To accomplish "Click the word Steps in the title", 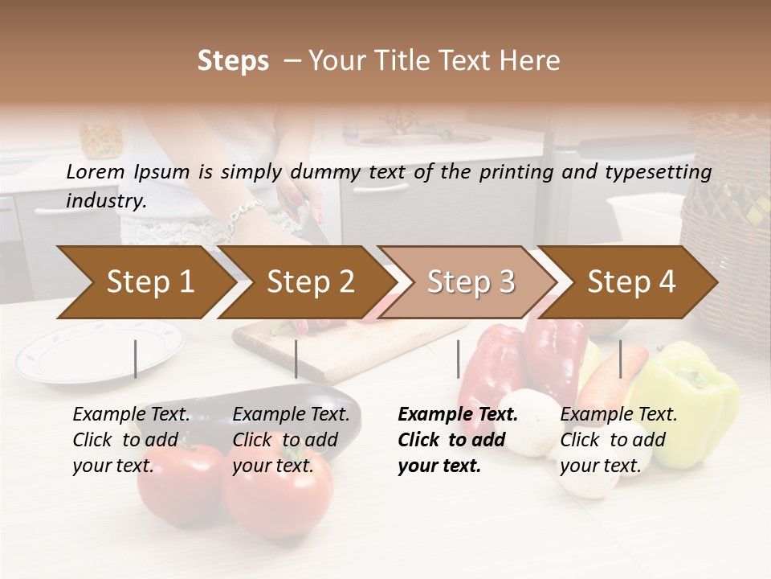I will click(233, 61).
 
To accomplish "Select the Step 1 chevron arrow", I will click(149, 282).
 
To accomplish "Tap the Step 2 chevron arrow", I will click(310, 282).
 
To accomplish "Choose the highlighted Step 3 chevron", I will click(471, 282).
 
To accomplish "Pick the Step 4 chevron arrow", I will click(631, 282).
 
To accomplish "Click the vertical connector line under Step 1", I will click(136, 359).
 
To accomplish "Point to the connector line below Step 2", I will click(296, 359).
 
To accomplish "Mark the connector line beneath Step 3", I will click(458, 359).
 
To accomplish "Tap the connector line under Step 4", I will click(620, 359).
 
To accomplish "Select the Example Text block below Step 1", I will click(131, 440).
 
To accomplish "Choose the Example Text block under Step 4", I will click(618, 440).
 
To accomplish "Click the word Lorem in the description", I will click(95, 171).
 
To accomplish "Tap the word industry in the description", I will click(105, 201).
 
